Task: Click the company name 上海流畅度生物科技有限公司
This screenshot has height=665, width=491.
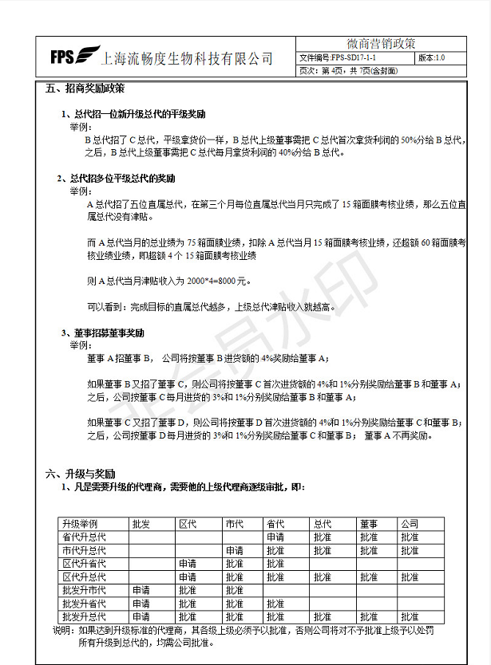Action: pos(188,58)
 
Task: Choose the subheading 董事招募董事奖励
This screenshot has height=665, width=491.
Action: pos(111,332)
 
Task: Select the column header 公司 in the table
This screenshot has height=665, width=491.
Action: pos(409,524)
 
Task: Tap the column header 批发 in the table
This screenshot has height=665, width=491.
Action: pos(141,524)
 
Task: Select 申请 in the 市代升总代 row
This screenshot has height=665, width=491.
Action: pos(234,551)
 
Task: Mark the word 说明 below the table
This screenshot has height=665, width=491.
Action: pos(61,630)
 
